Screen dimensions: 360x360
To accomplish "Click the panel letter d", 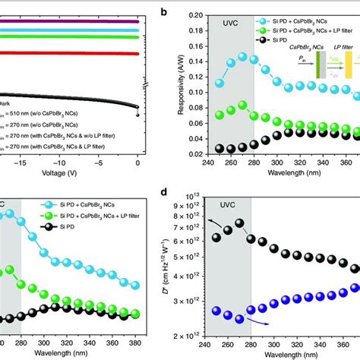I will pyautogui.click(x=185, y=197).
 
